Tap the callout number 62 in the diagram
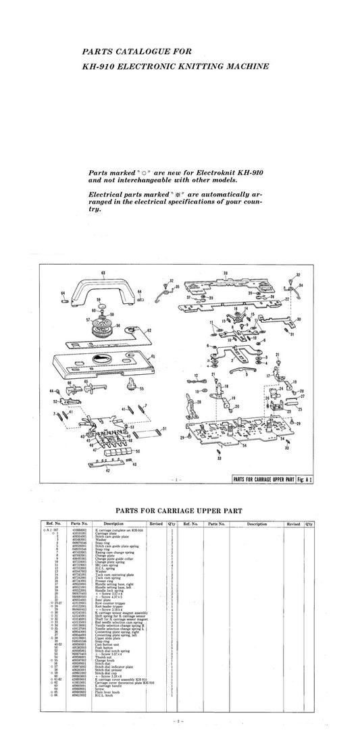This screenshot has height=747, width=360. pos(149,331)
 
